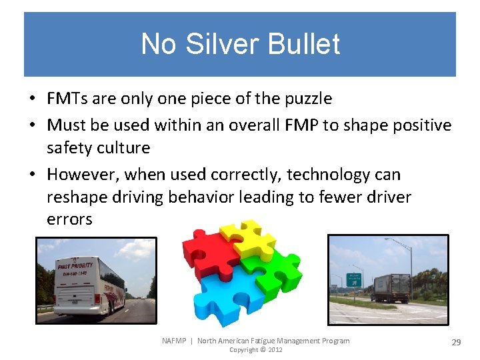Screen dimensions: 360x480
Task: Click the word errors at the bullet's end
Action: [x=69, y=219]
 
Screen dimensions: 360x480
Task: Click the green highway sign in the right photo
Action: [x=355, y=279]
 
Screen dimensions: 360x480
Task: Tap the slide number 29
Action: [x=457, y=342]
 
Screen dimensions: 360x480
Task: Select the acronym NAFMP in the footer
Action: [x=175, y=341]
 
